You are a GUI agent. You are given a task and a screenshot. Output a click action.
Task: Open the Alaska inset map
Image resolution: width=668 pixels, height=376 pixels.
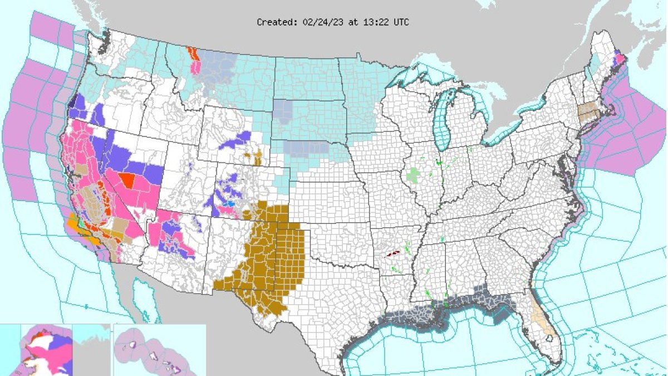coord(47,351)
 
